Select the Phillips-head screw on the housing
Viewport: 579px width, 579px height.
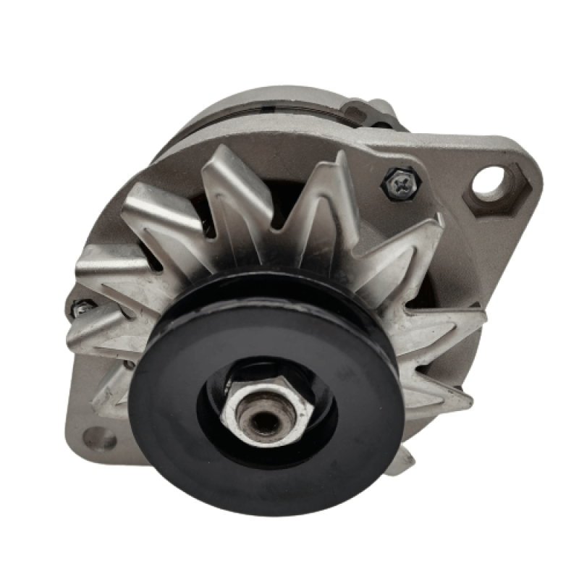pos(398,182)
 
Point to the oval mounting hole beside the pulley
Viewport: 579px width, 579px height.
pos(99,437)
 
